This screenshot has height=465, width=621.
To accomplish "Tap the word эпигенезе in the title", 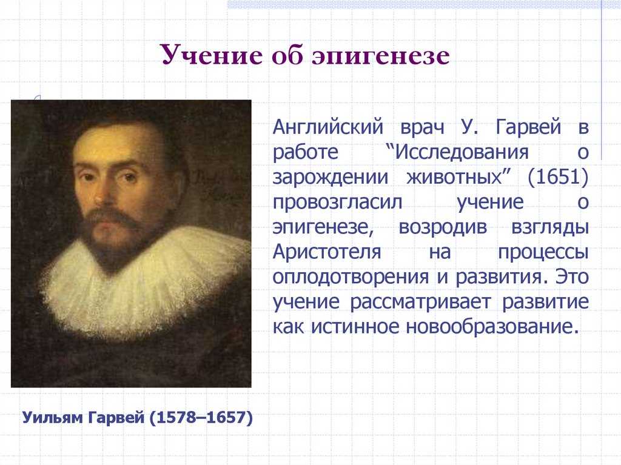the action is pyautogui.click(x=381, y=55).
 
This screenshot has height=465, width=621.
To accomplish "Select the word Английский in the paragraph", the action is pyautogui.click(x=328, y=127).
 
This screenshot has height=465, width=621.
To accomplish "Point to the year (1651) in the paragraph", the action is pyautogui.click(x=558, y=176).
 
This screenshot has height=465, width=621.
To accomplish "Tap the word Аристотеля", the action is pyautogui.click(x=327, y=252).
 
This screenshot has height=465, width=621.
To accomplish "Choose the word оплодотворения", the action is pyautogui.click(x=351, y=277).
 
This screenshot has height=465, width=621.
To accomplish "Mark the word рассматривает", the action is pyautogui.click(x=420, y=303).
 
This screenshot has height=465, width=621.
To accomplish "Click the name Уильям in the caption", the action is pyautogui.click(x=52, y=418).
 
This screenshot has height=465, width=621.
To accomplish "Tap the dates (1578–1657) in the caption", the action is pyautogui.click(x=201, y=418).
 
